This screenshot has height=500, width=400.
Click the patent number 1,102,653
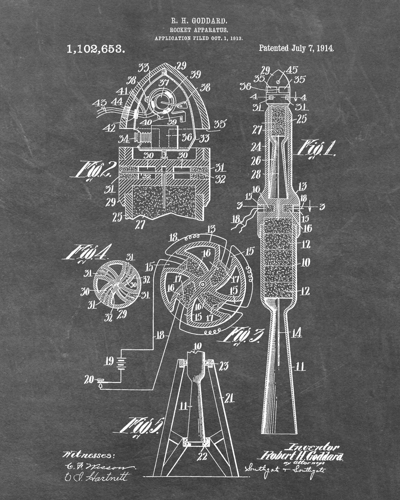pyautogui.click(x=96, y=49)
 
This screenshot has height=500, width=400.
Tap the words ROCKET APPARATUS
pyautogui.click(x=199, y=30)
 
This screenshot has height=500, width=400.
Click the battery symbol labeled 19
pyautogui.click(x=121, y=363)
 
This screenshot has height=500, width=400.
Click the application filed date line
pyautogui.click(x=199, y=38)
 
